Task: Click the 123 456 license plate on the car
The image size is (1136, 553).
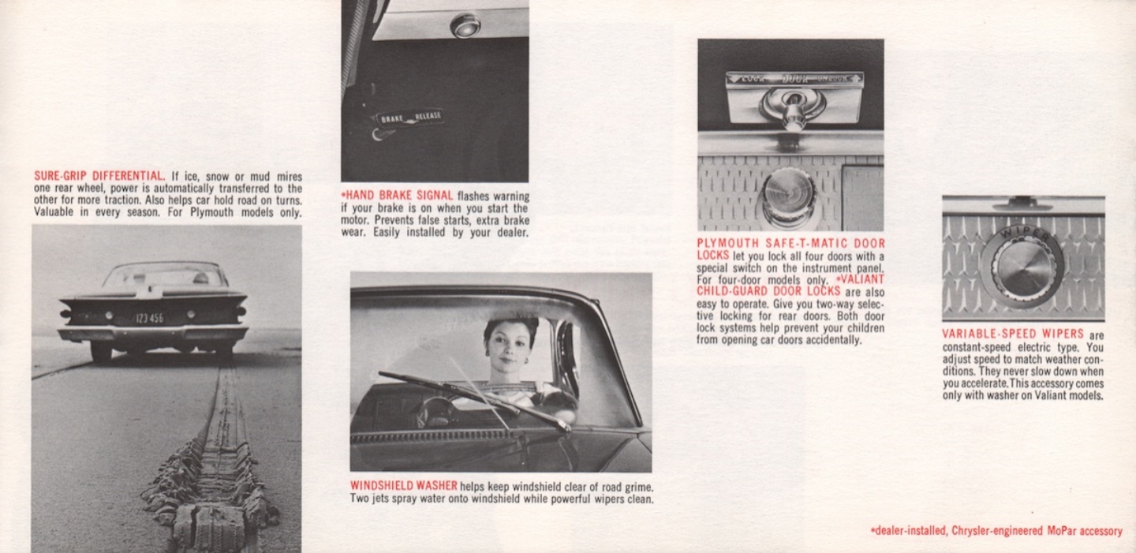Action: tap(149, 318)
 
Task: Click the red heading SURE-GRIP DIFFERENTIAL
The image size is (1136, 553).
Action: tap(99, 176)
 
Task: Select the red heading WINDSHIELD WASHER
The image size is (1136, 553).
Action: tap(403, 486)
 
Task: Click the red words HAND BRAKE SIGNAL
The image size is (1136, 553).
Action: tap(400, 196)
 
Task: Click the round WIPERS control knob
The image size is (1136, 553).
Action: tap(1023, 267)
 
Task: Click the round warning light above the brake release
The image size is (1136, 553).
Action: tap(465, 25)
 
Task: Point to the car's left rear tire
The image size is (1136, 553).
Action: tap(101, 351)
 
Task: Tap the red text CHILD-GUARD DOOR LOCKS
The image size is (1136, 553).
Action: tap(757, 292)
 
